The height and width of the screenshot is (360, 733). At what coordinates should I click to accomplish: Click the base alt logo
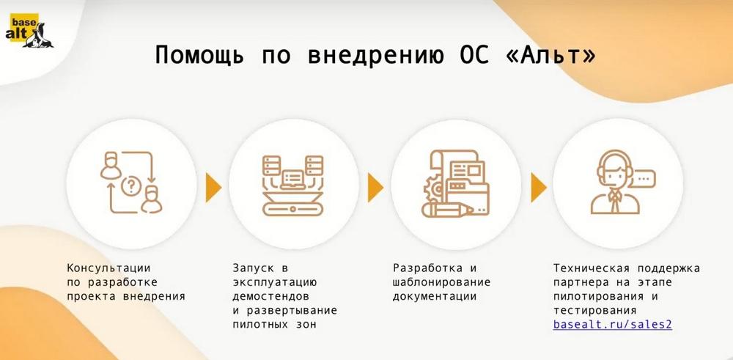tap(29, 31)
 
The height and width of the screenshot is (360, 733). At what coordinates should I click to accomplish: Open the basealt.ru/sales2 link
tap(612, 325)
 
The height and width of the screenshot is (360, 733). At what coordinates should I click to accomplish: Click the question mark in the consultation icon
tap(131, 186)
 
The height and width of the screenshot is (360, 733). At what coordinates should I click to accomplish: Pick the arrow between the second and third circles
tap(375, 187)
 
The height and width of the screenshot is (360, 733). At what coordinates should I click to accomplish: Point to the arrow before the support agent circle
tap(539, 187)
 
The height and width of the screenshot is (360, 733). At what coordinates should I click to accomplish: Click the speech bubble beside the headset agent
tap(641, 179)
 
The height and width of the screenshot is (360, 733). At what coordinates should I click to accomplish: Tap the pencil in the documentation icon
tap(447, 210)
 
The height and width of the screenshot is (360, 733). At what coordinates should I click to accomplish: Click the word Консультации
tap(109, 268)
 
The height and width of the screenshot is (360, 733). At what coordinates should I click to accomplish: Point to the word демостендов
tap(271, 296)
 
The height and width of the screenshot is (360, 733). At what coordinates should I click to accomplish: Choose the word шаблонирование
tap(442, 283)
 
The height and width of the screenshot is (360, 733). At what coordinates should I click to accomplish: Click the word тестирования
tap(594, 310)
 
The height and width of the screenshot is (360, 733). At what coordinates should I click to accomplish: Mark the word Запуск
tap(254, 269)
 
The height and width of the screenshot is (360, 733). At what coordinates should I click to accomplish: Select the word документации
tap(435, 297)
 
